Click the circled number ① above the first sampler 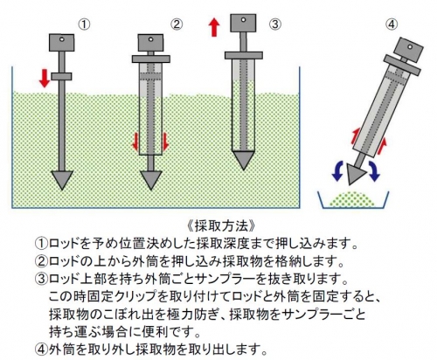pyautogui.click(x=84, y=24)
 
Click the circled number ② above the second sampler pyautogui.click(x=177, y=24)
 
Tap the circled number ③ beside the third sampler pyautogui.click(x=275, y=24)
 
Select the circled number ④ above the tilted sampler pyautogui.click(x=392, y=24)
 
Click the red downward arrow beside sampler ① pyautogui.click(x=45, y=78)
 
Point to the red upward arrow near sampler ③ pyautogui.click(x=214, y=27)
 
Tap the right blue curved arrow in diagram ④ pyautogui.click(x=373, y=170)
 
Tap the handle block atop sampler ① pyautogui.click(x=61, y=43)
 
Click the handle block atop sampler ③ pyautogui.click(x=243, y=23)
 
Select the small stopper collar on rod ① pyautogui.click(x=61, y=76)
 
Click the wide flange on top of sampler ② pyautogui.click(x=151, y=59)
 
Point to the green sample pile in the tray pyautogui.click(x=354, y=199)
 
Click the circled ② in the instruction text pyautogui.click(x=41, y=261)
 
